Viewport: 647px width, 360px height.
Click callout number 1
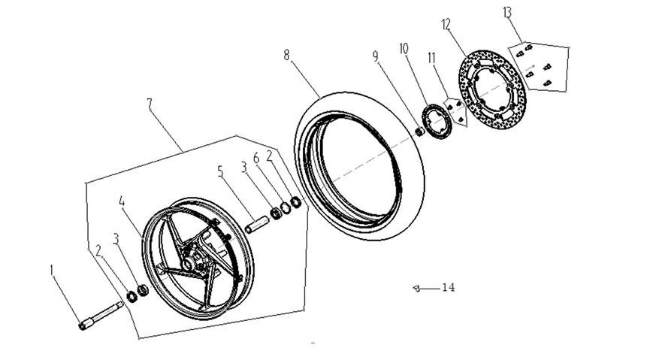53,268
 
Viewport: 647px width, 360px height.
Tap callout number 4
122,201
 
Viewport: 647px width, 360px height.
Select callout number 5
221,171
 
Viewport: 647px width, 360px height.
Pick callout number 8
286,55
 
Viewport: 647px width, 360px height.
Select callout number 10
404,47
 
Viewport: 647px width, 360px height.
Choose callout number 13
507,13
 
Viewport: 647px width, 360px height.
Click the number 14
448,287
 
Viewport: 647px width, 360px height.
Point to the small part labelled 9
420,132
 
